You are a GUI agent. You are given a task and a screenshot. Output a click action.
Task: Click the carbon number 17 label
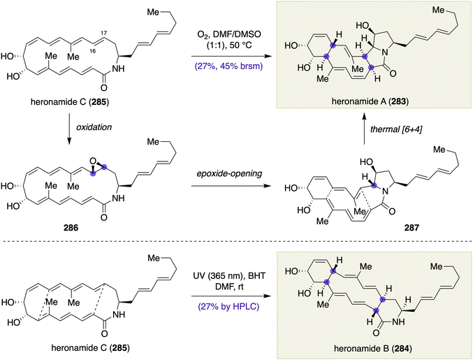(103, 33)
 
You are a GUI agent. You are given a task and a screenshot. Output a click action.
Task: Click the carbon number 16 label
(93, 51)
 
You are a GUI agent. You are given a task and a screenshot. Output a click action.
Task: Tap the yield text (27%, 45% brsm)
(228, 66)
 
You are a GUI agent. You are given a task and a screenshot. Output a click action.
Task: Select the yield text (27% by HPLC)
(228, 307)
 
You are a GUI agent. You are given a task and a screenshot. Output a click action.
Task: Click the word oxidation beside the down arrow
(94, 127)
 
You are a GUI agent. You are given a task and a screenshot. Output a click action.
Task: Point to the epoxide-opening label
(229, 174)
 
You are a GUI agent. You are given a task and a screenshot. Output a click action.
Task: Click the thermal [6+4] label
(396, 129)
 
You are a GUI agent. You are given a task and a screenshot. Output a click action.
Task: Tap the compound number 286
(71, 228)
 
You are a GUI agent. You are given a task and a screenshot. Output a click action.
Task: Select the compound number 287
(412, 228)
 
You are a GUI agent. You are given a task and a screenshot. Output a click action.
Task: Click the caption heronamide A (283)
(370, 101)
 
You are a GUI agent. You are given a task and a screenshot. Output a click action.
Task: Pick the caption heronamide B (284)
(373, 349)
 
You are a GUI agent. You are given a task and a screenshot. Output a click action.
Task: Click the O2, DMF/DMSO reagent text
(229, 34)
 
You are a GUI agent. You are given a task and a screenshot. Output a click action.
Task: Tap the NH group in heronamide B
(399, 322)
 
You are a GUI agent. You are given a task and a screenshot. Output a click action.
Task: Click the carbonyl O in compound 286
(104, 217)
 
